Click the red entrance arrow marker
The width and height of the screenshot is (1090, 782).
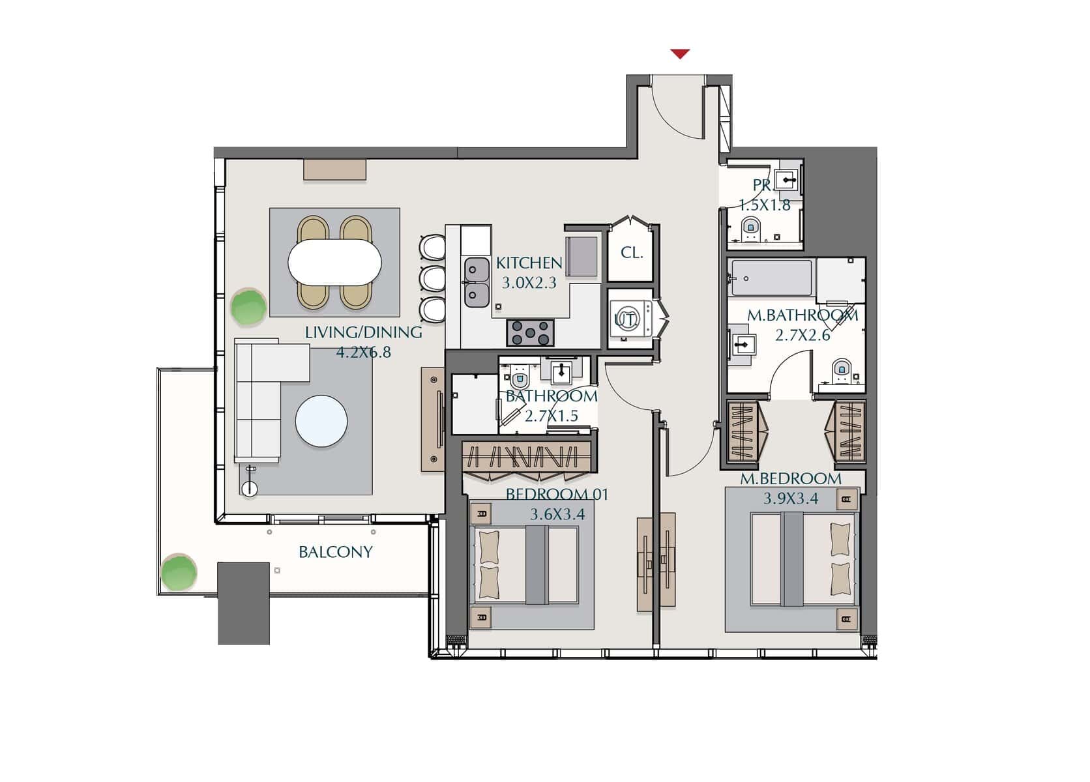click(679, 53)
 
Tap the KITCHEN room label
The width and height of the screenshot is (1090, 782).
click(529, 263)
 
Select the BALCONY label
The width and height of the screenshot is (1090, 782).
click(336, 552)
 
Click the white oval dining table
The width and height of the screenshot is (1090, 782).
click(334, 263)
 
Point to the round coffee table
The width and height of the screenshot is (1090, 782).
click(321, 421)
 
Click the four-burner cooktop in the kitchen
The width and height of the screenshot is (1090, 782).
click(531, 333)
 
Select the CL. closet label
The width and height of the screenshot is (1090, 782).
click(632, 253)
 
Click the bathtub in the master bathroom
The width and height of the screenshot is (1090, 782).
click(772, 278)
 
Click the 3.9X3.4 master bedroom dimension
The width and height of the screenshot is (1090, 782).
click(790, 499)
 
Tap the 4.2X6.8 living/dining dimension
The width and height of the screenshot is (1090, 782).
click(364, 352)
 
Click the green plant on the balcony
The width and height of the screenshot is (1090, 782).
click(179, 572)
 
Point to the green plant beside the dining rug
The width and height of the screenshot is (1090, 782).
click(248, 307)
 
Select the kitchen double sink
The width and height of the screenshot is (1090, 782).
click(477, 283)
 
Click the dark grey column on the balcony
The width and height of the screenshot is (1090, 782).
click(243, 603)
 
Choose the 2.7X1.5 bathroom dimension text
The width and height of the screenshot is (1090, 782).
click(552, 416)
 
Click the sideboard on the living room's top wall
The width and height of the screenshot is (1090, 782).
click(335, 169)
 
